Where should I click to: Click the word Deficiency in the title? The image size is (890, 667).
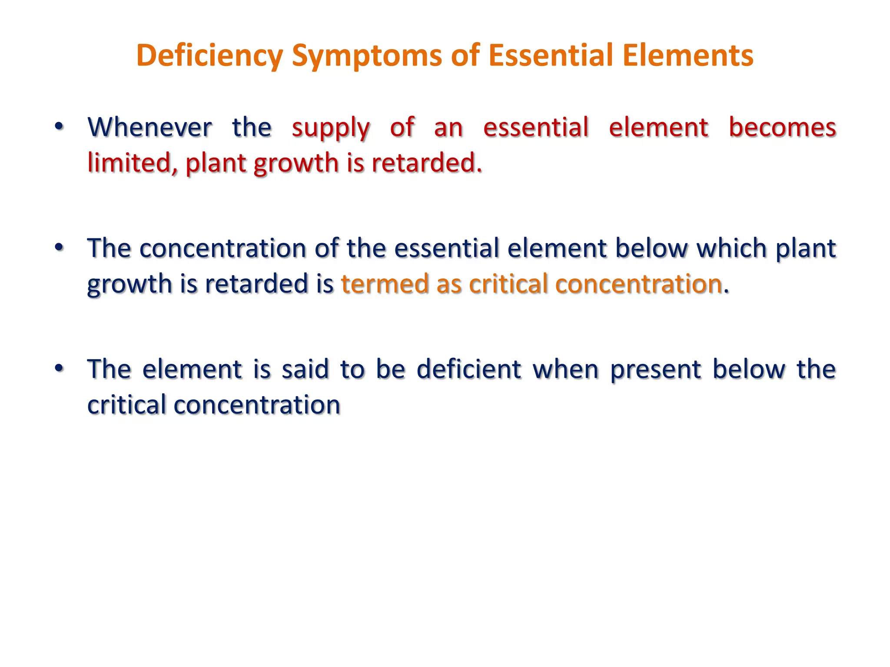(x=209, y=56)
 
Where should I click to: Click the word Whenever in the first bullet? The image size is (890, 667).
(x=149, y=127)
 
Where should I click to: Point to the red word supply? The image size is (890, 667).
(x=330, y=128)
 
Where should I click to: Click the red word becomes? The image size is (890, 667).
(x=782, y=127)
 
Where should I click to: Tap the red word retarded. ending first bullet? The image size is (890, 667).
(x=427, y=163)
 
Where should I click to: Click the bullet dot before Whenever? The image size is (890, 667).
(x=60, y=126)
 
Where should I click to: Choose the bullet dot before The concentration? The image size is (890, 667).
(x=60, y=248)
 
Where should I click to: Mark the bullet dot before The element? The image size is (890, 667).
(x=60, y=368)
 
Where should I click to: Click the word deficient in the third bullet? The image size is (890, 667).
(x=468, y=369)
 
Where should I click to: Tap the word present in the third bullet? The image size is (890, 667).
(x=655, y=370)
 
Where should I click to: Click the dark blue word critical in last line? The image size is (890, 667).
(x=126, y=405)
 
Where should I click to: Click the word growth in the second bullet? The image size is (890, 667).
(x=130, y=285)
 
